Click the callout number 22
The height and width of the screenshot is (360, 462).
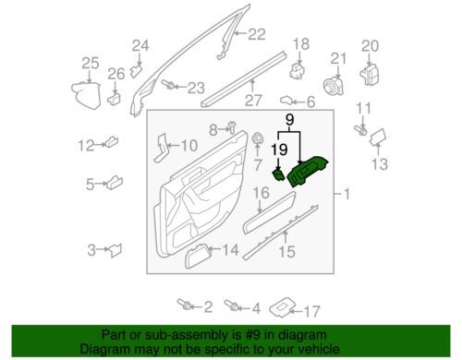pyautogui.click(x=257, y=34)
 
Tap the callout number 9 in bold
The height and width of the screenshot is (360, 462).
pyautogui.click(x=289, y=119)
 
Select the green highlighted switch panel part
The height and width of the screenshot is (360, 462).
pyautogui.click(x=308, y=171)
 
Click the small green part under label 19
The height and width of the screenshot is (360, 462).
pyautogui.click(x=279, y=174)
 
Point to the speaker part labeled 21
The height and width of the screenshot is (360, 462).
pyautogui.click(x=333, y=86)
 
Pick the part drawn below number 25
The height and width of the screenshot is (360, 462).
pyautogui.click(x=87, y=95)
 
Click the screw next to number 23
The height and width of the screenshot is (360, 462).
pyautogui.click(x=168, y=84)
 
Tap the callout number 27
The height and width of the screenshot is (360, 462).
pyautogui.click(x=253, y=100)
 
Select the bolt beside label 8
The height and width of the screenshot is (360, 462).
pyautogui.click(x=232, y=126)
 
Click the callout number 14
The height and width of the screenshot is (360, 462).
pyautogui.click(x=230, y=250)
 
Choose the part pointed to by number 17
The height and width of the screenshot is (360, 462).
pyautogui.click(x=282, y=307)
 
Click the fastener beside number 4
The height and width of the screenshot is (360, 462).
pyautogui.click(x=232, y=306)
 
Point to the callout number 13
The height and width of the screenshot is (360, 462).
pyautogui.click(x=380, y=164)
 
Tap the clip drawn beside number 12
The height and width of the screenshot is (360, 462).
pyautogui.click(x=112, y=141)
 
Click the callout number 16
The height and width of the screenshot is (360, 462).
pyautogui.click(x=261, y=193)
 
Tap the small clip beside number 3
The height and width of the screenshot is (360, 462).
pyautogui.click(x=115, y=250)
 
